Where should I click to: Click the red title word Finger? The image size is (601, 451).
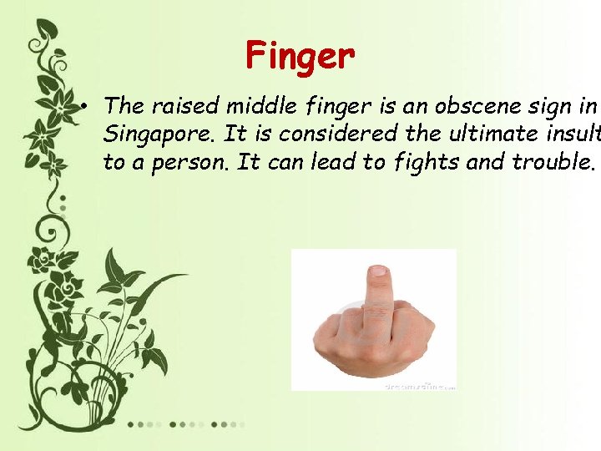click(300, 57)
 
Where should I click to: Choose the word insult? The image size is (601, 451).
click(575, 134)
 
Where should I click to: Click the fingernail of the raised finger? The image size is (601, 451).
click(378, 271)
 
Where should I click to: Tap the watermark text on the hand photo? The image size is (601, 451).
click(420, 387)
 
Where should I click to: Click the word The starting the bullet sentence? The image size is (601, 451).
click(124, 106)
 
